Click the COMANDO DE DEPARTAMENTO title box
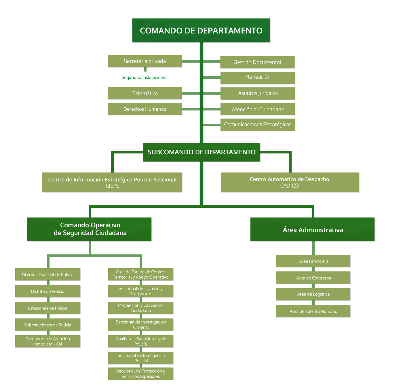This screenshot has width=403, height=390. (x=201, y=31)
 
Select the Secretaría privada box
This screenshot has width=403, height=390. (x=145, y=61)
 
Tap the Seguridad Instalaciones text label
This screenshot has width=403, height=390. (x=144, y=77)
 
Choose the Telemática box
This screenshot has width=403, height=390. (x=145, y=93)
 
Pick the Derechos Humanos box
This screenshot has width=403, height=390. (x=145, y=109)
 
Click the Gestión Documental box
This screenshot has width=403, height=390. (x=257, y=62)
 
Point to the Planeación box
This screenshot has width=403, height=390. (x=258, y=77)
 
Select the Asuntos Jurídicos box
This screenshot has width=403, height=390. (x=258, y=93)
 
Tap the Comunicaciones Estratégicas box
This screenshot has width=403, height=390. (x=258, y=125)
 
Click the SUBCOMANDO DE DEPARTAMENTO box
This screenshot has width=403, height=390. (x=201, y=152)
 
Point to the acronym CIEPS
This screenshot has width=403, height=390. (x=112, y=186)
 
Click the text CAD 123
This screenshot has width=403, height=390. (x=289, y=186)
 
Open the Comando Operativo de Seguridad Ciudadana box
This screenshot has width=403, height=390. (x=90, y=229)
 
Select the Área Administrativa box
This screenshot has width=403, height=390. (x=313, y=230)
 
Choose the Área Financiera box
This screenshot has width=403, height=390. (x=313, y=261)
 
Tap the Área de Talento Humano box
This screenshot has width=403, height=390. (x=313, y=311)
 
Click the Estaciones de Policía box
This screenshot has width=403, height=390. (x=48, y=308)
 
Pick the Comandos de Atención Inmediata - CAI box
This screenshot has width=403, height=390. (x=48, y=341)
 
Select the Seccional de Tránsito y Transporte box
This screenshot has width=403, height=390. (x=141, y=291)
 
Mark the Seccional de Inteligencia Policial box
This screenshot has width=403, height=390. (x=141, y=358)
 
